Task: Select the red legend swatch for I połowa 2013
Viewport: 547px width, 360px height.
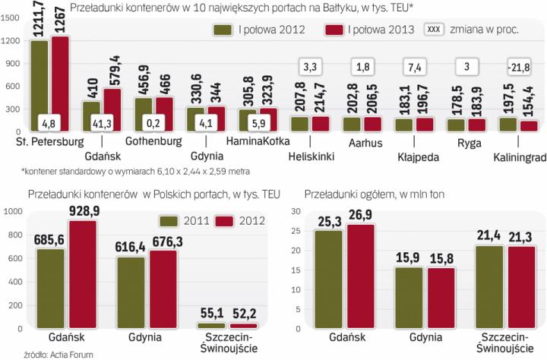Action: pyautogui.click(x=334, y=30)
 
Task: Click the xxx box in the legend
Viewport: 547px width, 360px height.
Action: pyautogui.click(x=435, y=30)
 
